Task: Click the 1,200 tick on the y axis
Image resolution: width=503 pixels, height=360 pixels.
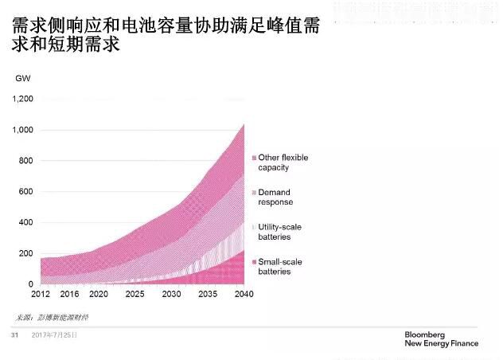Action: (x=23, y=99)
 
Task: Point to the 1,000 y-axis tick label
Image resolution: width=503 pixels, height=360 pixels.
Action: (x=23, y=130)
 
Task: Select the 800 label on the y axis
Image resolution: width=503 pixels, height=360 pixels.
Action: (x=26, y=161)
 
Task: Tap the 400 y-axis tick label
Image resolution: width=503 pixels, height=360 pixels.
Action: (x=26, y=222)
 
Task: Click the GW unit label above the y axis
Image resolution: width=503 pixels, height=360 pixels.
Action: (x=21, y=78)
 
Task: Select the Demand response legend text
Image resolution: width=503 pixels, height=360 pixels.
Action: (x=275, y=197)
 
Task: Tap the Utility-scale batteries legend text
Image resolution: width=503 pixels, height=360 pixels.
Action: (x=280, y=232)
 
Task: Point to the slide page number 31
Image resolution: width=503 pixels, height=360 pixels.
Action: (x=14, y=335)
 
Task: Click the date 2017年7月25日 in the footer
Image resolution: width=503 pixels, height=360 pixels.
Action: (x=55, y=335)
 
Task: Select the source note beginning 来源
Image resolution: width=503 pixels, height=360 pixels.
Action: (x=53, y=317)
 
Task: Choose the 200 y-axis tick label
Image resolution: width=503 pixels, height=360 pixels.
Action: (x=26, y=253)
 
